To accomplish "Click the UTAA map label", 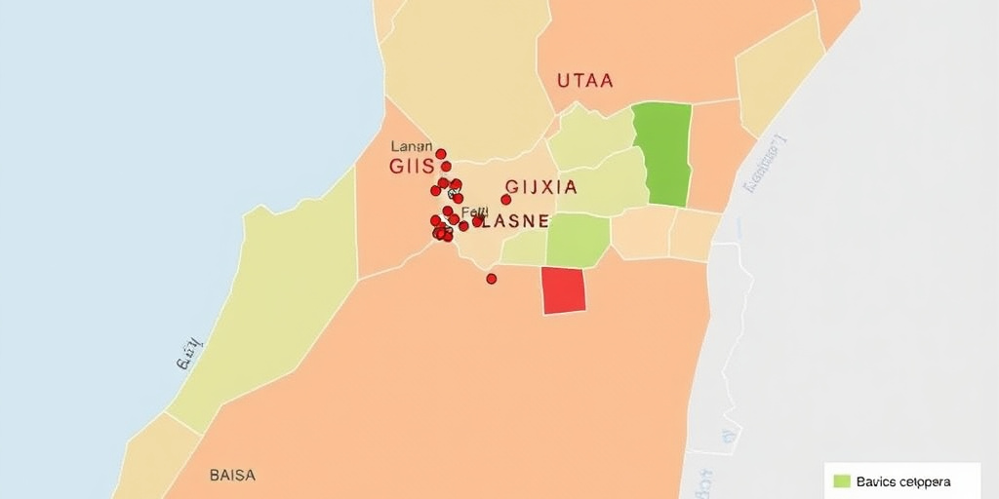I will [x=585, y=81].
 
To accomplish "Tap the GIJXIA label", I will [x=541, y=187].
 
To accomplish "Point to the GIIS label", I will [x=411, y=167].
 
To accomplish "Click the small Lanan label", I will [x=411, y=146].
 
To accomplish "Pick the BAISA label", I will [x=232, y=476].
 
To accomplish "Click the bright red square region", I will [x=564, y=290].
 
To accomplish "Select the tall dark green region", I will [x=663, y=154].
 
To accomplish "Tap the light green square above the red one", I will [x=578, y=240].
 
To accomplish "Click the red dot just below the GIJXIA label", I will [x=505, y=200].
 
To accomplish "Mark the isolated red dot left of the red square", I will [x=492, y=279].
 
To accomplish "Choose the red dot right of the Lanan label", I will [x=441, y=154].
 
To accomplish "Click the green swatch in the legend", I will [x=843, y=481].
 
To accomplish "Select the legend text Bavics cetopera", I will [x=902, y=481].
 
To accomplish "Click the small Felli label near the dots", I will [x=475, y=211].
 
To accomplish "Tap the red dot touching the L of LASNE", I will [x=478, y=221].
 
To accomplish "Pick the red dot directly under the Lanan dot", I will [x=446, y=167].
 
